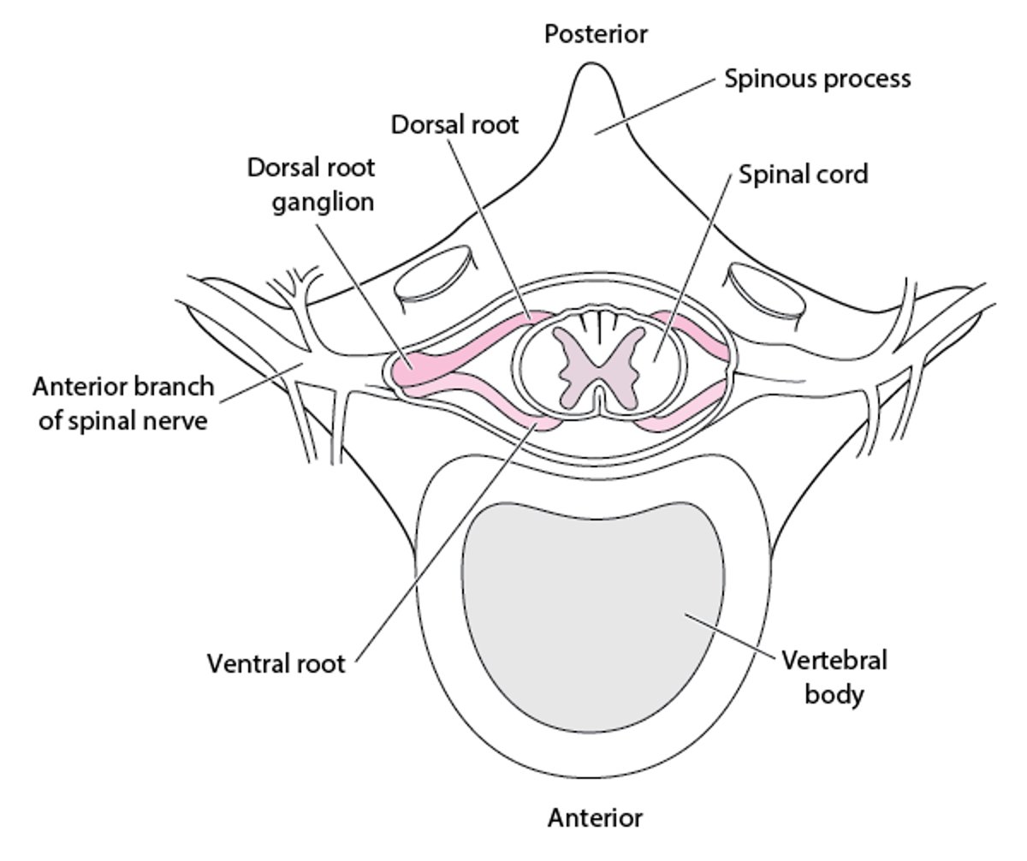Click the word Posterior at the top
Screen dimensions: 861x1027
[x=596, y=34]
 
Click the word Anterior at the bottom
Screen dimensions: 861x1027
[x=595, y=818]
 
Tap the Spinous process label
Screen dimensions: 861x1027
[x=817, y=79]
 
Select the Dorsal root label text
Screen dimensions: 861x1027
[x=454, y=124]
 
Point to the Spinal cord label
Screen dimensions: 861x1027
[x=803, y=175]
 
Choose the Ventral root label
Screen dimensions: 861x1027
[x=276, y=663]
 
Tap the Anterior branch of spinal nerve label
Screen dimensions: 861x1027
[x=123, y=403]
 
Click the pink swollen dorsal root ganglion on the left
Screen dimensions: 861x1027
[x=419, y=364]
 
